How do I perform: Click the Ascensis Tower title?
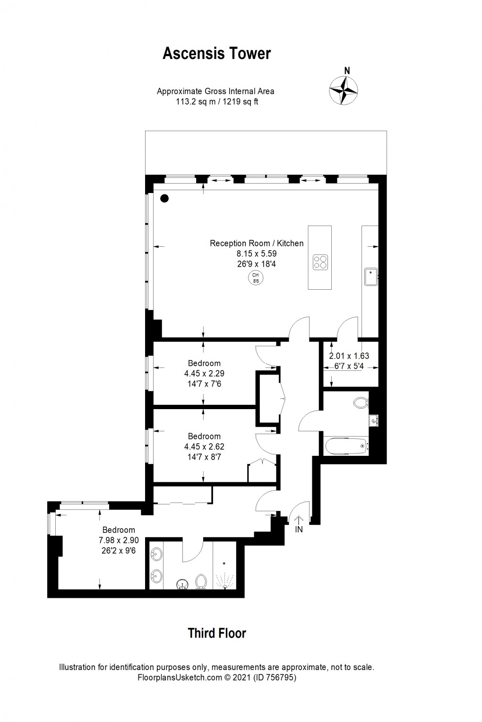click(x=216, y=54)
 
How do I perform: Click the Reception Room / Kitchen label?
click(x=257, y=243)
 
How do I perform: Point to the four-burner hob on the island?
click(x=320, y=262)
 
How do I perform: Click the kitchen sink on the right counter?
click(x=371, y=277)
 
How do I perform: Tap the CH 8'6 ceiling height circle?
click(x=256, y=278)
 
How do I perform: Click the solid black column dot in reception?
click(x=164, y=199)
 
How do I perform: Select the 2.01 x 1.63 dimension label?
click(x=349, y=356)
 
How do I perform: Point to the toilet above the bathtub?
click(x=361, y=403)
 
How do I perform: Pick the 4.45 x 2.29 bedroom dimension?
click(x=204, y=374)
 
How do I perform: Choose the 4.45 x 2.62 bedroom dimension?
click(x=204, y=446)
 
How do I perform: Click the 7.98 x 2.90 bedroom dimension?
click(x=119, y=540)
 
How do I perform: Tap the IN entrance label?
click(x=299, y=530)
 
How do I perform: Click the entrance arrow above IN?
click(x=299, y=520)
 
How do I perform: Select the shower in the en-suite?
click(x=224, y=576)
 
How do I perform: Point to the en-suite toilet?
click(x=201, y=581)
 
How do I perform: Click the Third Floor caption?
click(x=217, y=633)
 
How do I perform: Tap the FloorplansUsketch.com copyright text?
click(x=216, y=678)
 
